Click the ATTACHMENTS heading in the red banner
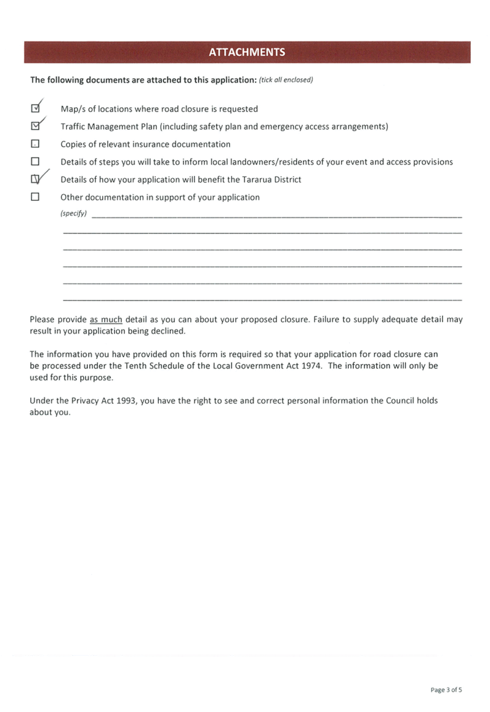(247, 52)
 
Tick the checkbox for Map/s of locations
(35, 108)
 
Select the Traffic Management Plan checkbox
(35, 126)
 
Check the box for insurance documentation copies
(35, 144)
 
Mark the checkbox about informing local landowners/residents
(35, 161)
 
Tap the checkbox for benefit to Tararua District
(35, 179)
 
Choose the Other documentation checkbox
(35, 197)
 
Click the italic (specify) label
(73, 214)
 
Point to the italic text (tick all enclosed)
(286, 80)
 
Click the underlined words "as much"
(106, 320)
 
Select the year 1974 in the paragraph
(311, 365)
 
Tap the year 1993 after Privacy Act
(126, 400)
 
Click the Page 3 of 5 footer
(446, 690)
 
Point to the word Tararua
(257, 179)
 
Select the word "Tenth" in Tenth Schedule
(135, 365)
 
